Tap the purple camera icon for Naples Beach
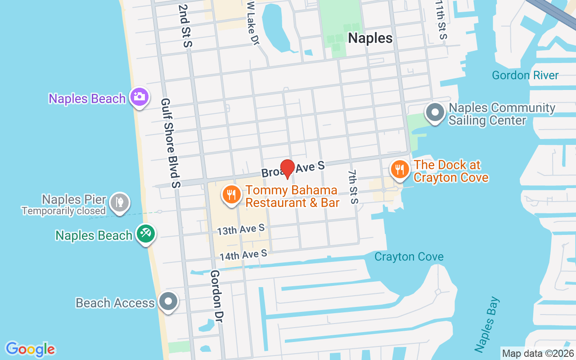tap(139, 97)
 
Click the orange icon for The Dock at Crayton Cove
tap(399, 170)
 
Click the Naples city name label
tap(370, 38)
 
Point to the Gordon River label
tap(525, 75)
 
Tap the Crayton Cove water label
tap(409, 257)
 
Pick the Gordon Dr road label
tap(218, 296)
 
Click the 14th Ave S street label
tap(243, 255)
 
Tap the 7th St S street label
tap(353, 186)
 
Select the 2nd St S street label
tap(185, 26)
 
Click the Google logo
tap(30, 349)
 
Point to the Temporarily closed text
tap(63, 211)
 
